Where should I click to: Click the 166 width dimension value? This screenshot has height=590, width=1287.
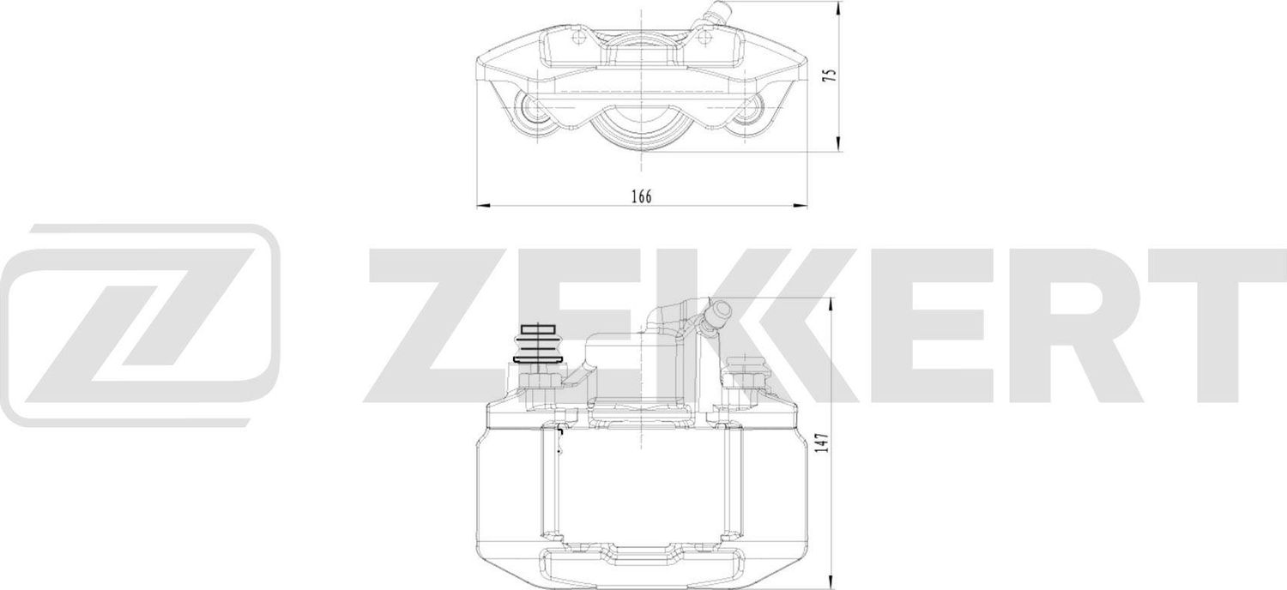tap(641, 196)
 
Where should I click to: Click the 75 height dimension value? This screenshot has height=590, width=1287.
tap(828, 75)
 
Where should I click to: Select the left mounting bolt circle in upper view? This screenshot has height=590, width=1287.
tap(533, 111)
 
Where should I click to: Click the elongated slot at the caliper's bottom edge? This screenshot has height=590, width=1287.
tap(641, 567)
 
